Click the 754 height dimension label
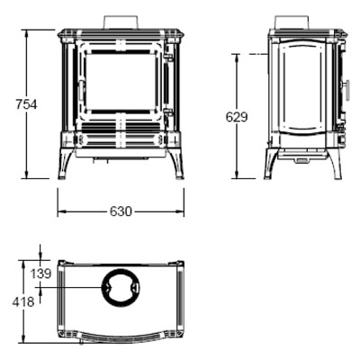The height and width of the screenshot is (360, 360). (x=26, y=104)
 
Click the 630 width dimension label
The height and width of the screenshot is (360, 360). (x=121, y=211)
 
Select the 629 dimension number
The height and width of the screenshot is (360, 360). (x=237, y=117)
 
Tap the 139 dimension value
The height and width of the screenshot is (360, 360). (x=40, y=274)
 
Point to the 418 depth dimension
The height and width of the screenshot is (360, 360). (x=23, y=301)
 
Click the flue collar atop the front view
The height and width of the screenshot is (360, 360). (x=121, y=22)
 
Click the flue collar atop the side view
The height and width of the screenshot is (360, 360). (x=292, y=22)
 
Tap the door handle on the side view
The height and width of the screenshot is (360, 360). (x=347, y=90)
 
